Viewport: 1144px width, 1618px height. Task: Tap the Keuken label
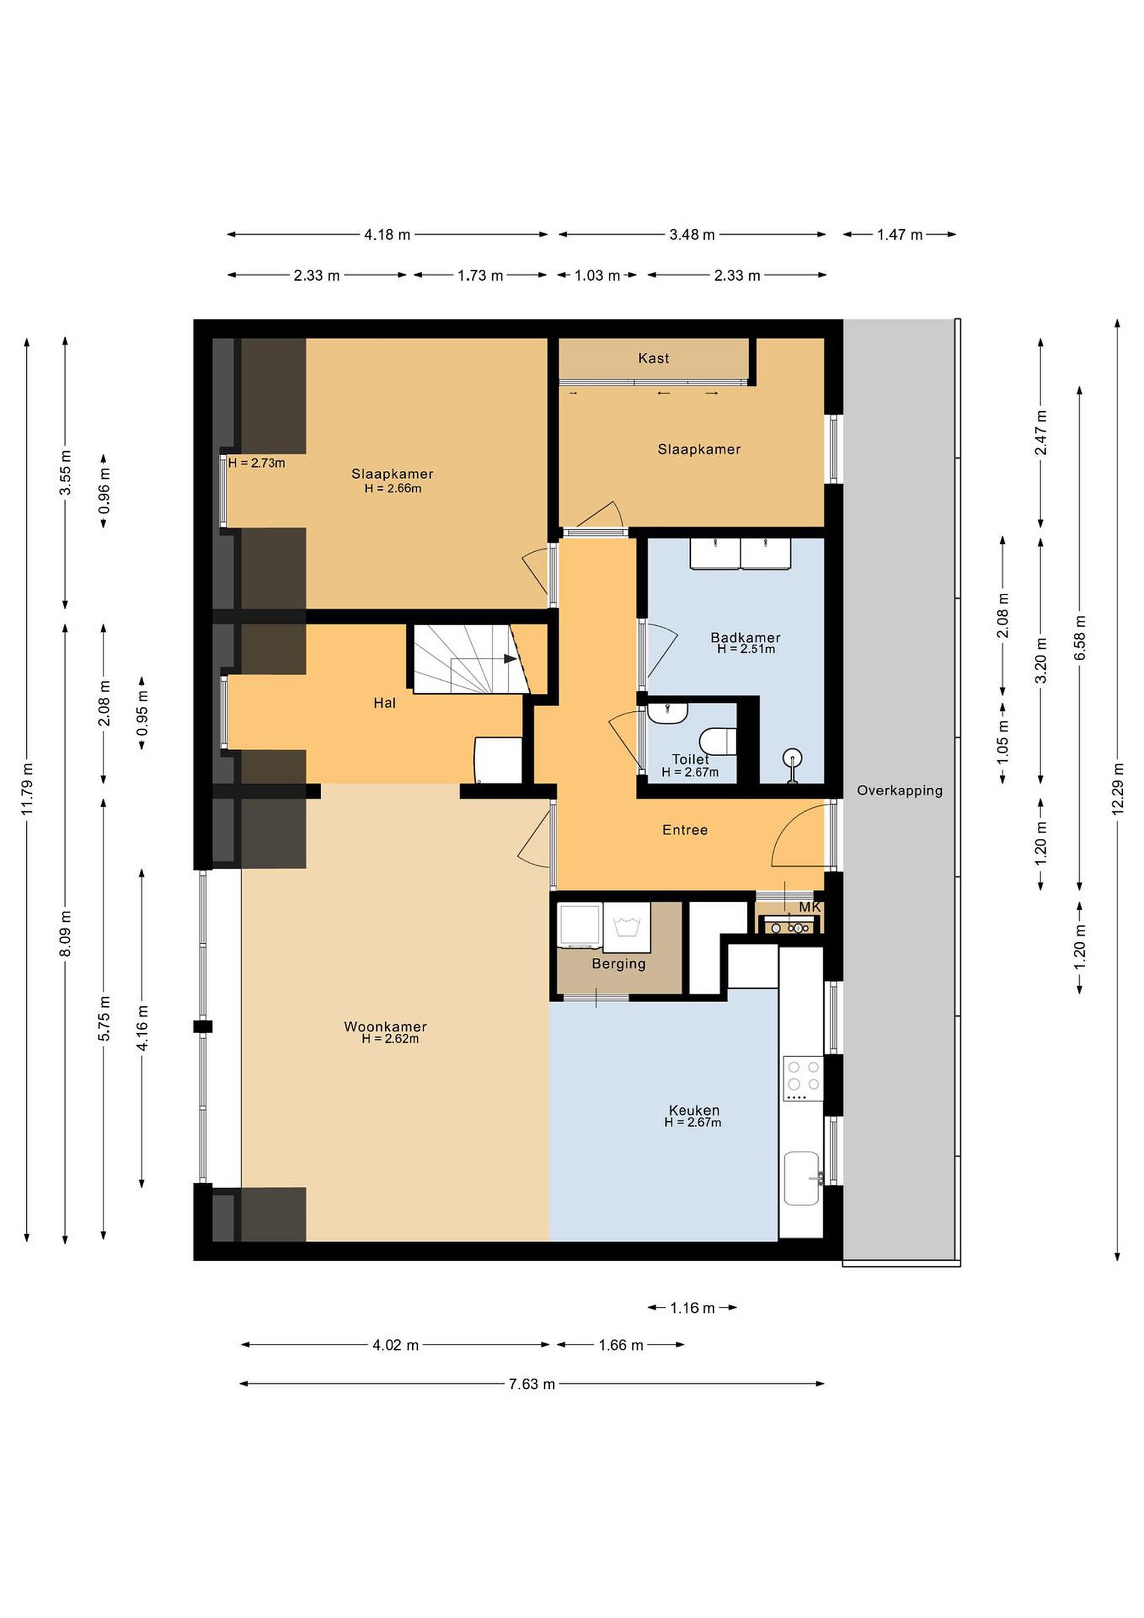pyautogui.click(x=694, y=1111)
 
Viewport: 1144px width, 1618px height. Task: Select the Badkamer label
pyautogui.click(x=745, y=638)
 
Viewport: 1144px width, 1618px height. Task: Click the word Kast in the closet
pyautogui.click(x=654, y=358)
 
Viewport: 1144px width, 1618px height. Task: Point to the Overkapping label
pyautogui.click(x=900, y=790)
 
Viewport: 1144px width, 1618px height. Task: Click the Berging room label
pyautogui.click(x=618, y=963)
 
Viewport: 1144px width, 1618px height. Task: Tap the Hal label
pyautogui.click(x=385, y=703)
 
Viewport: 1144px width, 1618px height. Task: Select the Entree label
pyautogui.click(x=685, y=830)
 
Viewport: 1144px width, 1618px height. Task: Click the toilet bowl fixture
pyautogui.click(x=718, y=742)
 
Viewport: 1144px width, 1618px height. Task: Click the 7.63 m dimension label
pyautogui.click(x=532, y=1384)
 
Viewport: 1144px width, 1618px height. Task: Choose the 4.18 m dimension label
pyautogui.click(x=387, y=235)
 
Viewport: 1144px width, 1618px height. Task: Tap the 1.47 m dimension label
pyautogui.click(x=900, y=235)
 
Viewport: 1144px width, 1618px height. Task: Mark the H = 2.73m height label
pyautogui.click(x=257, y=463)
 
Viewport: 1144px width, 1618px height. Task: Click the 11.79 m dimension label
pyautogui.click(x=27, y=789)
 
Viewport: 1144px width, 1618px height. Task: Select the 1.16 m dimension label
pyautogui.click(x=692, y=1308)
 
